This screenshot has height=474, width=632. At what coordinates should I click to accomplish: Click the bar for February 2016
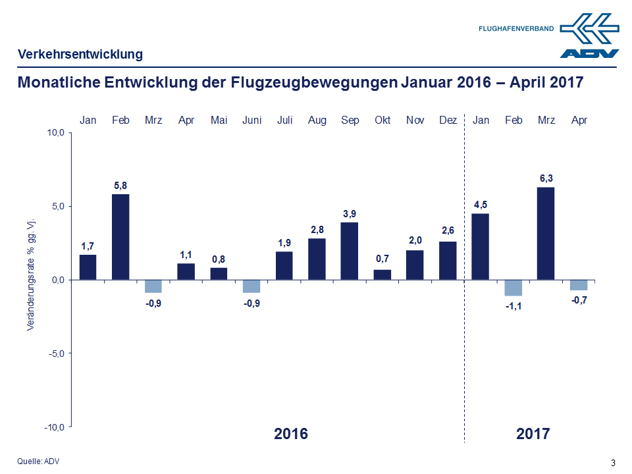tap(120, 236)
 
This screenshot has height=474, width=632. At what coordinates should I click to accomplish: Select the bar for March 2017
tap(546, 233)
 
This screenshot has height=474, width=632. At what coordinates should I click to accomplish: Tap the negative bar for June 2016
tap(251, 286)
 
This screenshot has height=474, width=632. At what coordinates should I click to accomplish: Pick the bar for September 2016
tap(350, 251)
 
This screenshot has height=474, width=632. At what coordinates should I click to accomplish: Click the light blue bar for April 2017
tap(579, 285)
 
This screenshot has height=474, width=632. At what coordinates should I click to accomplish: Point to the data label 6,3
tap(546, 178)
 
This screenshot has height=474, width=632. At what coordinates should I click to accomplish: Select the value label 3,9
tap(350, 214)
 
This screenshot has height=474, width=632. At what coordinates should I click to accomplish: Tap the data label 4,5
tap(481, 205)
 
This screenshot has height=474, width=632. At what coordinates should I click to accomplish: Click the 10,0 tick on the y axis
tap(55, 133)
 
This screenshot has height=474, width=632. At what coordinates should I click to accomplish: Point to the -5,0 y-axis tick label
tap(55, 354)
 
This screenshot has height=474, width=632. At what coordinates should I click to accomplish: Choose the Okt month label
tap(382, 120)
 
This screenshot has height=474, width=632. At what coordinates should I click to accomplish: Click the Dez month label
tap(448, 120)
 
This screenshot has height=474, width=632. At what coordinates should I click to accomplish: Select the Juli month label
tap(284, 120)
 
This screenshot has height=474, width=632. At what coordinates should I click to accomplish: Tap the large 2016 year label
tap(290, 434)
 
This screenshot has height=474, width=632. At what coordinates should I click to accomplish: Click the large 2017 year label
tap(533, 434)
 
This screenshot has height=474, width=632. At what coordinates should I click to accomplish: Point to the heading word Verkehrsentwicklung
tap(80, 55)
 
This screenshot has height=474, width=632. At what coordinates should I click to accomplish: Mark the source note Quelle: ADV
tap(38, 461)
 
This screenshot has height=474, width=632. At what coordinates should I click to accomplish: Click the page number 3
tap(614, 461)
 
